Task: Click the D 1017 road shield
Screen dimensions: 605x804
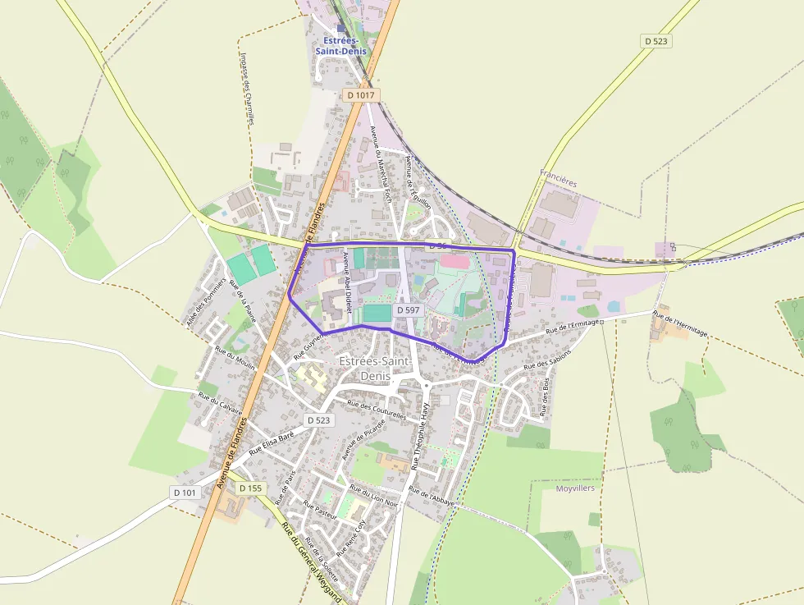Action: pyautogui.click(x=360, y=95)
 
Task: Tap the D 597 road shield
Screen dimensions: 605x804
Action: pyautogui.click(x=409, y=310)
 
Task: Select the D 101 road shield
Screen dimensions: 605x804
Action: pyautogui.click(x=185, y=493)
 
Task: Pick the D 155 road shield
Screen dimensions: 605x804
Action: pyautogui.click(x=250, y=488)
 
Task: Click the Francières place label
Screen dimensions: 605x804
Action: pyautogui.click(x=559, y=173)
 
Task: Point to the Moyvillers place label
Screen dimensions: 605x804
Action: pyautogui.click(x=575, y=488)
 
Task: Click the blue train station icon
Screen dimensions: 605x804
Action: pyautogui.click(x=341, y=28)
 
